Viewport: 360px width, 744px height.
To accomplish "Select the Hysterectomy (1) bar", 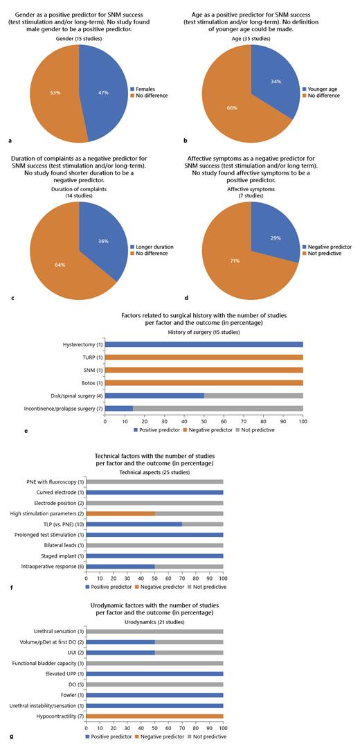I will [204, 344].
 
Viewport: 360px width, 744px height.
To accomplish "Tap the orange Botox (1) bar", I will [204, 383].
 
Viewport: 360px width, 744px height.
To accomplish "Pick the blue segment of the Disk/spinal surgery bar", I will [154, 396].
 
